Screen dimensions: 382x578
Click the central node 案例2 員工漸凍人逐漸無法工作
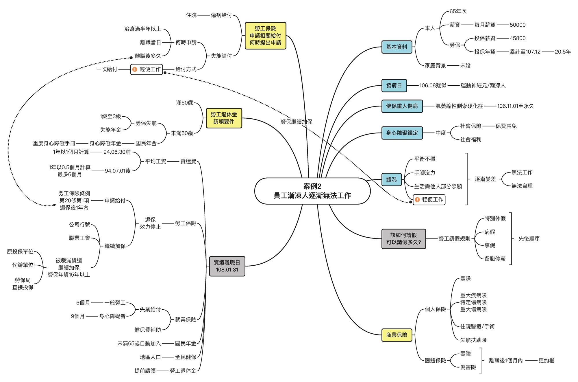point(312,191)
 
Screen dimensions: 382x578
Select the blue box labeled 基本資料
point(397,47)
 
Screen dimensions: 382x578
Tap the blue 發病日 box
point(394,86)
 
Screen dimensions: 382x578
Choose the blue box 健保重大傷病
point(402,106)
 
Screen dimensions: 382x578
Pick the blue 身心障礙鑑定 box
point(402,133)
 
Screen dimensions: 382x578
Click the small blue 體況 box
point(391,179)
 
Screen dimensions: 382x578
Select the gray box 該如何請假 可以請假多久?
point(403,239)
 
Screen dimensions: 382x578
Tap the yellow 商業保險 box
point(397,335)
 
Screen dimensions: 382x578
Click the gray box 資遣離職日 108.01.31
point(227,266)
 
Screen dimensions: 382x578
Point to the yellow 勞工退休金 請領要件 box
point(224,118)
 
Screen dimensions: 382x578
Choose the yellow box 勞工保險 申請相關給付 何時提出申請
point(265,36)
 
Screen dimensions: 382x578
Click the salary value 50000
point(517,25)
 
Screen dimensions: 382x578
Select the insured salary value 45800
point(517,38)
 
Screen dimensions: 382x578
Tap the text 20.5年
point(562,52)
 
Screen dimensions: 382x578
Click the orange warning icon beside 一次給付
point(135,69)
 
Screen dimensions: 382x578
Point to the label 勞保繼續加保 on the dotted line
point(296,122)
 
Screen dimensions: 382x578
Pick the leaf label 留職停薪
point(495,259)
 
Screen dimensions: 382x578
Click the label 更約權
point(546,361)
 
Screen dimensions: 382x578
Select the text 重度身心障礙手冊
point(54,144)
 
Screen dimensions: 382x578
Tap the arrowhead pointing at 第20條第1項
point(54,205)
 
